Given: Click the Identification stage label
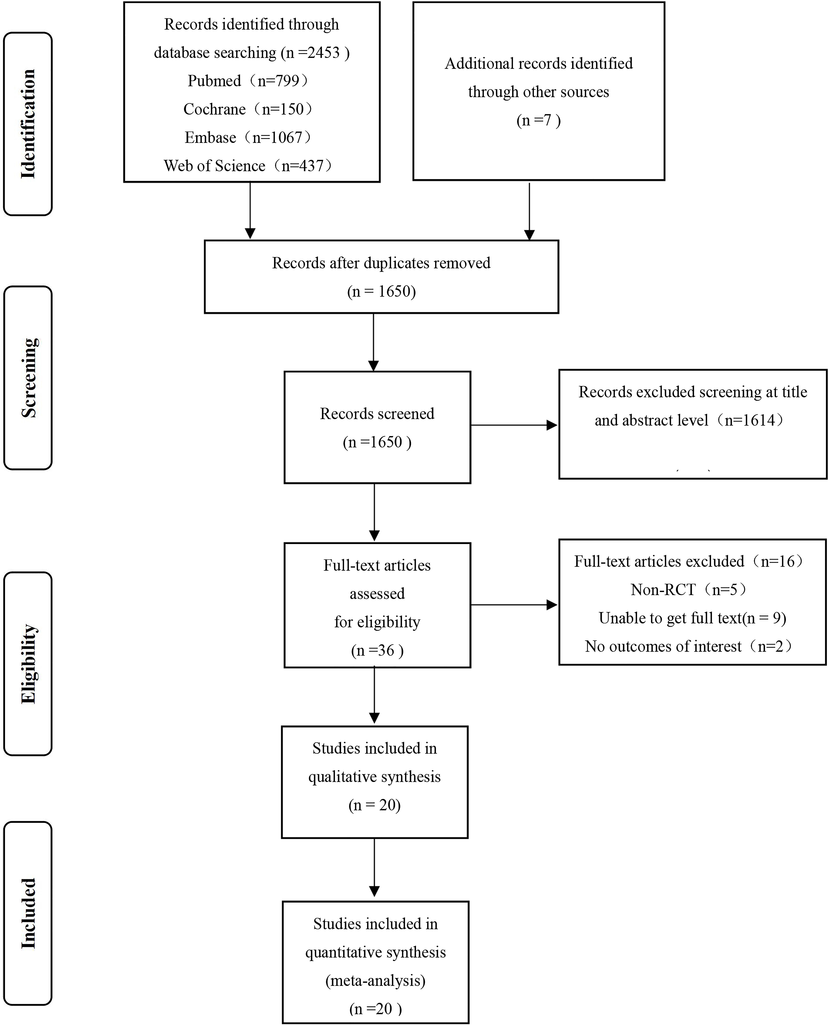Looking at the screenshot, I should pyautogui.click(x=28, y=124).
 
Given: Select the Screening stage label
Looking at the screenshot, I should pyautogui.click(x=28, y=378).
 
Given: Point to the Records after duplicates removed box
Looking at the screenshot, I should pyautogui.click(x=381, y=277).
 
